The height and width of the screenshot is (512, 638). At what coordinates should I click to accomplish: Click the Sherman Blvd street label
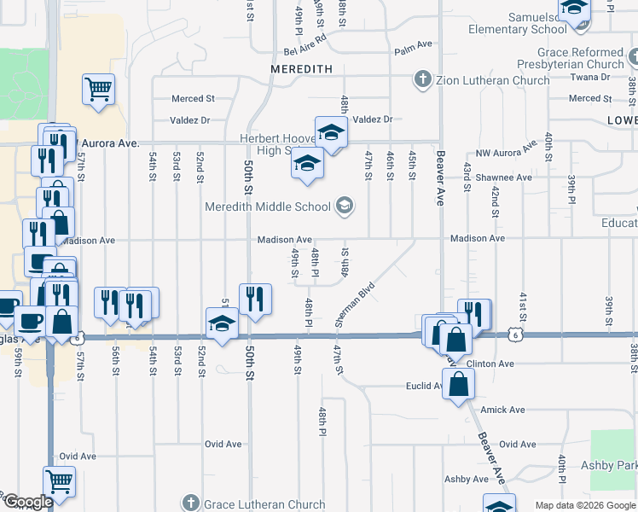(355, 305)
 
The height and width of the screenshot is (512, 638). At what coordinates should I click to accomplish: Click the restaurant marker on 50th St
(255, 299)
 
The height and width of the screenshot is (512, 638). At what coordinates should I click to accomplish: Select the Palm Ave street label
(415, 51)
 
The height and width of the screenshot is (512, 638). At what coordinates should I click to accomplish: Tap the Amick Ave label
(502, 410)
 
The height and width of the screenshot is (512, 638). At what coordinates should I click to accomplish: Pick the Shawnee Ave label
(509, 177)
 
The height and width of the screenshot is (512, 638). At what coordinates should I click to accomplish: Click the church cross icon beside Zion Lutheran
(421, 81)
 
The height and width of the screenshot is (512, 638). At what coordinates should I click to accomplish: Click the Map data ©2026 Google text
(585, 505)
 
